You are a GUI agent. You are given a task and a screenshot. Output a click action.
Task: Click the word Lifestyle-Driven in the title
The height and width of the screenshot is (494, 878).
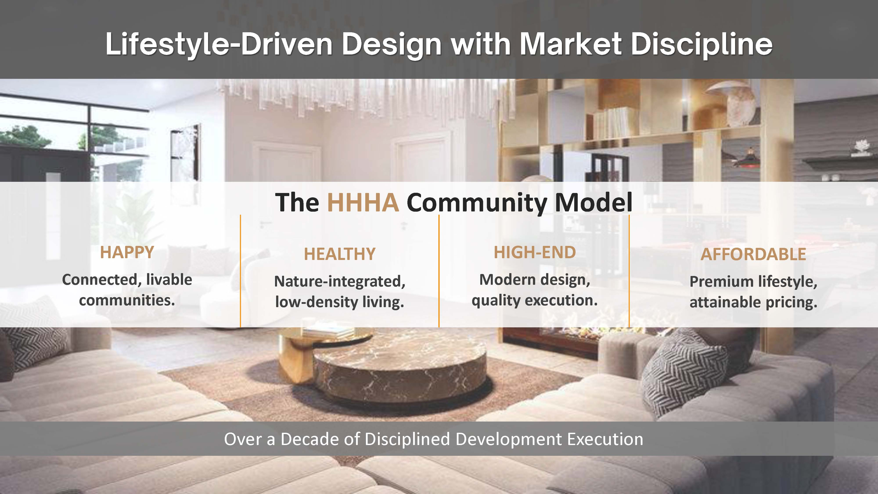click(x=218, y=44)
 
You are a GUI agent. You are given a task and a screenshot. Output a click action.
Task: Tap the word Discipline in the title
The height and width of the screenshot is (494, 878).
click(x=702, y=44)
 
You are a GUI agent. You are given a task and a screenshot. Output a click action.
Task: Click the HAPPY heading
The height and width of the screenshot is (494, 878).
click(x=127, y=253)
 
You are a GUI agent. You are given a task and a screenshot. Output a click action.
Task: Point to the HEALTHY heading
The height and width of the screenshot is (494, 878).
click(x=340, y=254)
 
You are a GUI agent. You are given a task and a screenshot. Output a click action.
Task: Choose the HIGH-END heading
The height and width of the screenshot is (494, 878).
click(x=535, y=253)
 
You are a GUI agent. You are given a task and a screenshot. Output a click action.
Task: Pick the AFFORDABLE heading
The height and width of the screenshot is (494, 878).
click(x=753, y=254)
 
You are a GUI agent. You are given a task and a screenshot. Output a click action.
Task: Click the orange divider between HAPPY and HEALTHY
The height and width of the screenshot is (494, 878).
click(x=240, y=271)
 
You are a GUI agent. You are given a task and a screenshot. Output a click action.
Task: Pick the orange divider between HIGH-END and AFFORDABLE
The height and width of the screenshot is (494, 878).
click(x=629, y=271)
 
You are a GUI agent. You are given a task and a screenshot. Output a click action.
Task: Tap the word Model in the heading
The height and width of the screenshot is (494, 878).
click(x=593, y=202)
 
